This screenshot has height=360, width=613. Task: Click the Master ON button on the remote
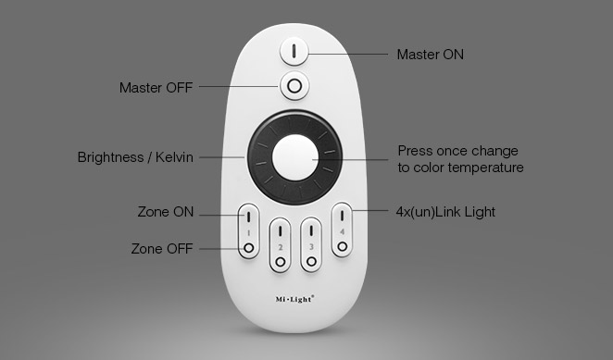pyautogui.click(x=294, y=51)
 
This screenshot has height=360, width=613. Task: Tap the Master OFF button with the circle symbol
pyautogui.click(x=294, y=85)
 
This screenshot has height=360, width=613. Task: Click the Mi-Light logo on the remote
pyautogui.click(x=294, y=300)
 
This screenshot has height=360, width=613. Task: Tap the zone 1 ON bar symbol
pyautogui.click(x=248, y=217)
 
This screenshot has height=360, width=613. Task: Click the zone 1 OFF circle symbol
pyautogui.click(x=249, y=248)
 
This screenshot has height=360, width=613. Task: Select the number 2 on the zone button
pyautogui.click(x=281, y=247)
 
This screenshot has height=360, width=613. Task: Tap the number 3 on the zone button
pyautogui.click(x=311, y=247)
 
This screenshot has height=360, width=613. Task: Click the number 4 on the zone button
pyautogui.click(x=342, y=231)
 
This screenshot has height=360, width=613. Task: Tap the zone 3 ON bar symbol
pyautogui.click(x=311, y=230)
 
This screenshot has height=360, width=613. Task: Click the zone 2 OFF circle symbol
pyautogui.click(x=281, y=262)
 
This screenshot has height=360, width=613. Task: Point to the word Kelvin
pyautogui.click(x=174, y=157)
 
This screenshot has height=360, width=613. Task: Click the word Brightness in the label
pyautogui.click(x=110, y=157)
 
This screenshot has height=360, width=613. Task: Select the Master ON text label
pyautogui.click(x=431, y=55)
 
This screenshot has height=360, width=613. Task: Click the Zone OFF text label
pyautogui.click(x=162, y=249)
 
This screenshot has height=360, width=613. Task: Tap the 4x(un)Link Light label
pyautogui.click(x=445, y=212)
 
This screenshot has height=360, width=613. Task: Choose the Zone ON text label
pyautogui.click(x=166, y=212)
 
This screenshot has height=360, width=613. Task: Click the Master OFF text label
pyautogui.click(x=156, y=88)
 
